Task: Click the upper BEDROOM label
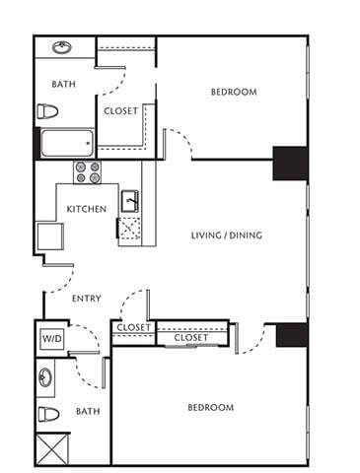point(234,93)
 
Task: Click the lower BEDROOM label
point(210,407)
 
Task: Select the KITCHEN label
point(86,209)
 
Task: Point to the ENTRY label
point(87,299)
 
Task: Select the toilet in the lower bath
point(47,412)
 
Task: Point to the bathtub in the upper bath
point(66,144)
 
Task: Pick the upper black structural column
point(289,163)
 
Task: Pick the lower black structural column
point(292,335)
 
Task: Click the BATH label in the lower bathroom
point(88,411)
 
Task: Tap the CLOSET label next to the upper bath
point(120,111)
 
